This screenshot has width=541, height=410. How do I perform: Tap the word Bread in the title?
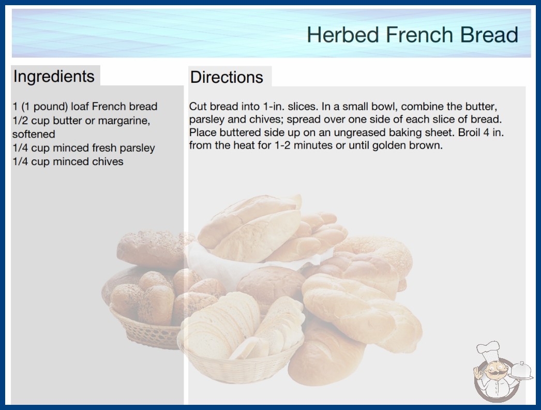coord(489,35)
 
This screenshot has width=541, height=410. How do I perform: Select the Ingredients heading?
coord(54,77)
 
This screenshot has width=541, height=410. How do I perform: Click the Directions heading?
coord(227,77)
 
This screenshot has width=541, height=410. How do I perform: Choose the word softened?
coord(34,134)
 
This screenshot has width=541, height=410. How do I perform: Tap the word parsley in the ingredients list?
coord(138,148)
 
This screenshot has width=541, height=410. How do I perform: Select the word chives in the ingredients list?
coord(108,162)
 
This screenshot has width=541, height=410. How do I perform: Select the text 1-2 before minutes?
coord(283,145)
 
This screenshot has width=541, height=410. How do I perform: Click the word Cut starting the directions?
coord(198,107)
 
